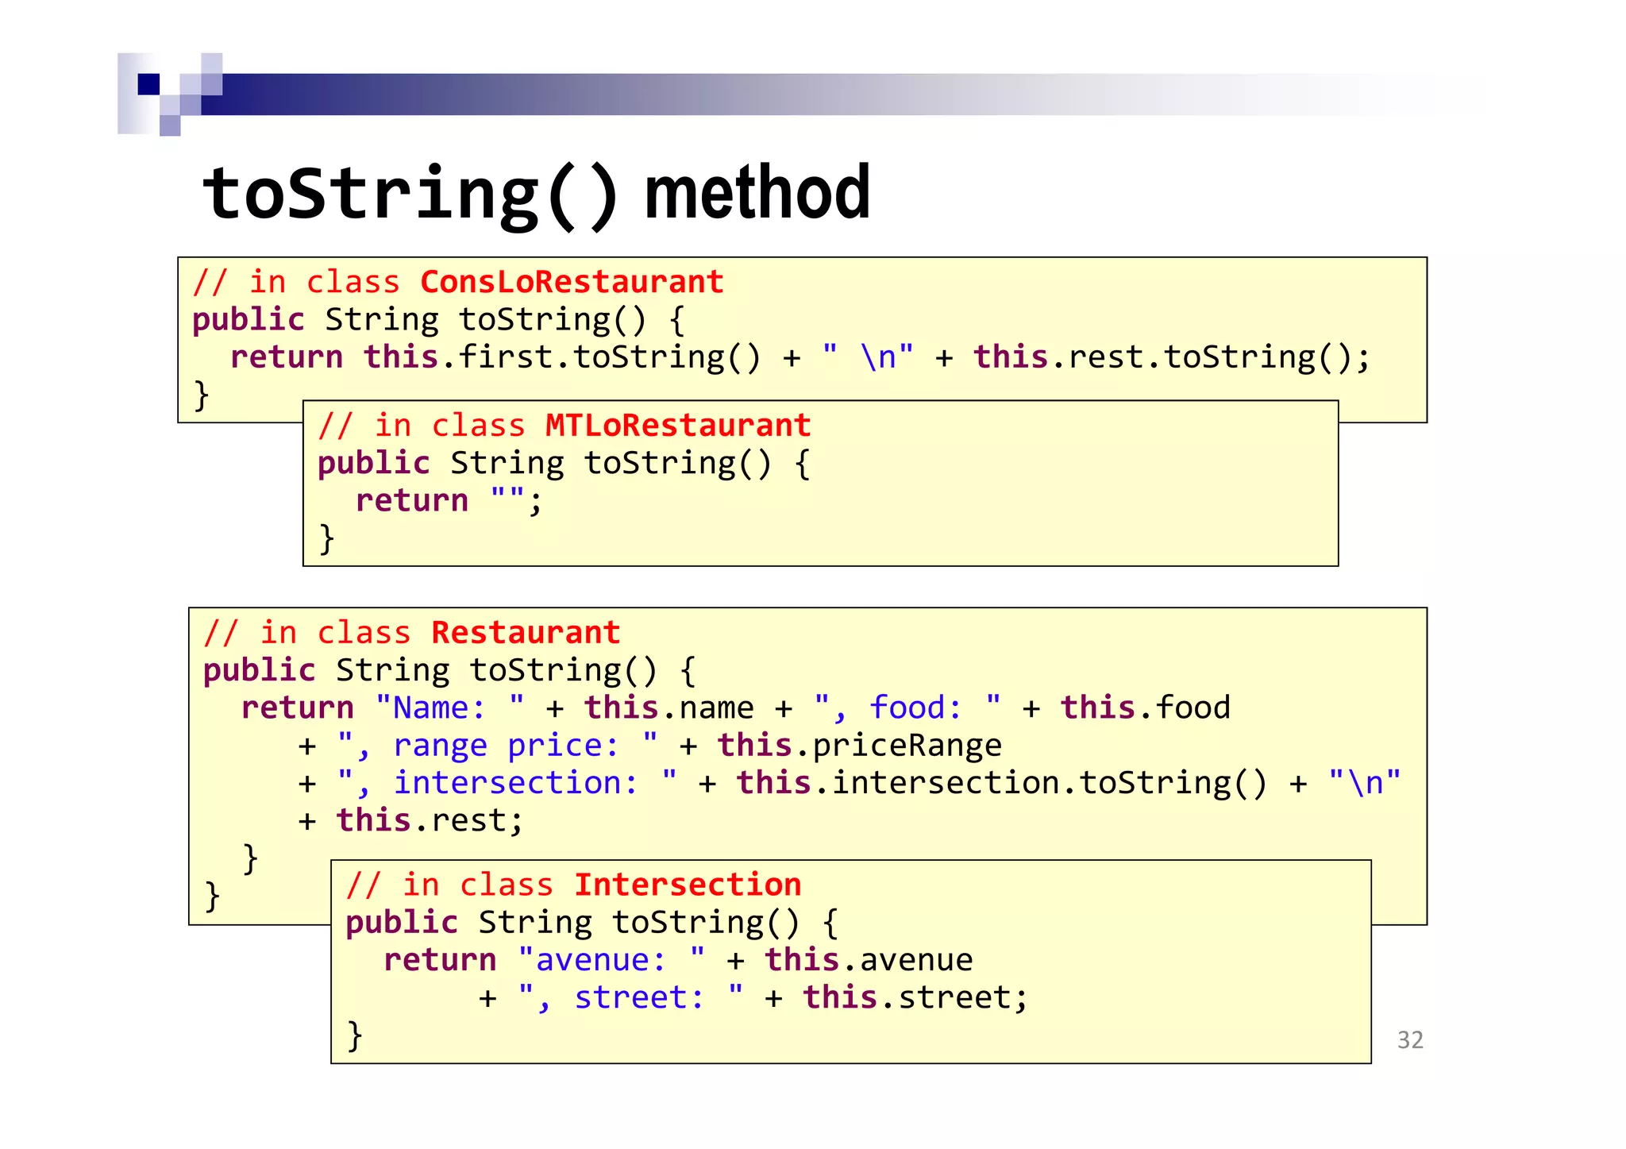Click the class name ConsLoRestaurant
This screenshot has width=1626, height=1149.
[x=572, y=283]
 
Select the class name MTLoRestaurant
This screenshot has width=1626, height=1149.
[x=677, y=426]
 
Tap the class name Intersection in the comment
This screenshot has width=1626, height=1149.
[x=688, y=885]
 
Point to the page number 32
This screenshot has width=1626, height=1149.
[x=1410, y=1040]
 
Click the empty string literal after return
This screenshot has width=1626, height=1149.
[x=507, y=501]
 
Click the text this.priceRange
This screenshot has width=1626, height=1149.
[x=859, y=746]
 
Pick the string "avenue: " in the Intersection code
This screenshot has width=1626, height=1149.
[x=611, y=961]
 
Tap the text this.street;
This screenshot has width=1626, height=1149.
[x=915, y=998]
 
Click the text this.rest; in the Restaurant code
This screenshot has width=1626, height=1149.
[x=429, y=821]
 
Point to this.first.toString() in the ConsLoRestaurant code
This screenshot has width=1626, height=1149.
[x=562, y=358]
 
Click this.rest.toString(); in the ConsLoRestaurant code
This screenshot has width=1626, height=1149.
[x=1172, y=358]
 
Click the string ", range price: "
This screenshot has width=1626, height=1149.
[x=497, y=746]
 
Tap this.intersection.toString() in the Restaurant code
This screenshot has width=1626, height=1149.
[x=1001, y=784]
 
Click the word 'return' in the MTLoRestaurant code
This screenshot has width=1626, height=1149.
[x=411, y=501]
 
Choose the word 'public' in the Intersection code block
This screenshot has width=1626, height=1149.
[x=402, y=923]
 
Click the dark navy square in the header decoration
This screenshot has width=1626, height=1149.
[x=148, y=84]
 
